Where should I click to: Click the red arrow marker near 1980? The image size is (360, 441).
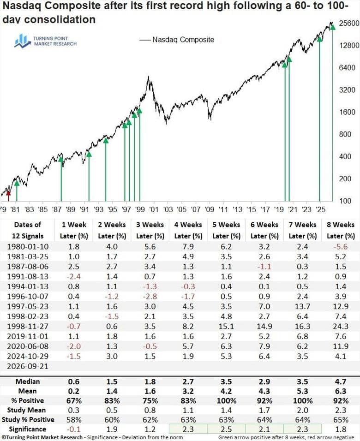click(8, 196)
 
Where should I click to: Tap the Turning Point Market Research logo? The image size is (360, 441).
click(45, 41)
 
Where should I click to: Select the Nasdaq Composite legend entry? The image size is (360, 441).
click(177, 40)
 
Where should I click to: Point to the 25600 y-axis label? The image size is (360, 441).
click(349, 23)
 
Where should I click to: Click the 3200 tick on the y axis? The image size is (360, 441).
click(348, 89)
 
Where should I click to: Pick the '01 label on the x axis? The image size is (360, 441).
click(154, 209)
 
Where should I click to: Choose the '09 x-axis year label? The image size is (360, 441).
click(209, 209)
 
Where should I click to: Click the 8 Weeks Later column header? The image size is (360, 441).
click(341, 230)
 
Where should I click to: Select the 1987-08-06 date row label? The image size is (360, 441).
click(28, 267)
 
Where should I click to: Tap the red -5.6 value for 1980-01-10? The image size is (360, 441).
click(341, 247)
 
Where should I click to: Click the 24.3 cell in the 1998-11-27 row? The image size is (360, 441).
click(341, 326)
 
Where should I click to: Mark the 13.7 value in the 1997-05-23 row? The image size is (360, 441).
click(303, 306)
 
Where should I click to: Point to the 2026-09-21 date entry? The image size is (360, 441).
click(28, 366)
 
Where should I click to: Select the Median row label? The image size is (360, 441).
click(28, 381)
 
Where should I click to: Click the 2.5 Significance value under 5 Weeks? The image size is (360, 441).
click(226, 429)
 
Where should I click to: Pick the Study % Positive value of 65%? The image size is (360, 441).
click(341, 420)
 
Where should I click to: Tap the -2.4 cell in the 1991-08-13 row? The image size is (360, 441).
click(74, 276)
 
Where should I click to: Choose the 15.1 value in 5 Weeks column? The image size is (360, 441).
click(226, 326)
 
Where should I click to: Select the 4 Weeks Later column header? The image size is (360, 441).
click(188, 230)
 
